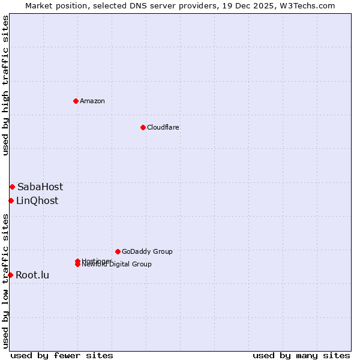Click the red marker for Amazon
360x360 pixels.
pyautogui.click(x=76, y=101)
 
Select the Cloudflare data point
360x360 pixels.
pyautogui.click(x=143, y=127)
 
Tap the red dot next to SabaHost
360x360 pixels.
pyautogui.click(x=12, y=187)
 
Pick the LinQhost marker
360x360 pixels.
pyautogui.click(x=11, y=200)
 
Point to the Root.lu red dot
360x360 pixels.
pyautogui.click(x=10, y=275)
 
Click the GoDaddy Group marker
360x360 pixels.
pyautogui.click(x=118, y=251)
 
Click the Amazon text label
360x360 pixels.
pyautogui.click(x=92, y=101)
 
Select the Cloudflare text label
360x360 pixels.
pyautogui.click(x=163, y=127)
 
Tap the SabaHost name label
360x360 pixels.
pyautogui.click(x=40, y=187)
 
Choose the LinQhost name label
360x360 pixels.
pyautogui.click(x=37, y=201)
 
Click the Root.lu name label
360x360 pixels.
pyautogui.click(x=32, y=275)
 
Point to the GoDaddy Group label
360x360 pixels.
pyautogui.click(x=147, y=251)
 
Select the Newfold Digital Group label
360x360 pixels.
pyautogui.click(x=117, y=265)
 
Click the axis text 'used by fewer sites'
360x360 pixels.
pyautogui.click(x=62, y=355)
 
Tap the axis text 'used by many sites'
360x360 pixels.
pyautogui.click(x=301, y=355)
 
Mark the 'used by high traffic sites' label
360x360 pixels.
pyautogui.click(x=5, y=85)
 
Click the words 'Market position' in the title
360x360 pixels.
pyautogui.click(x=52, y=5)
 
